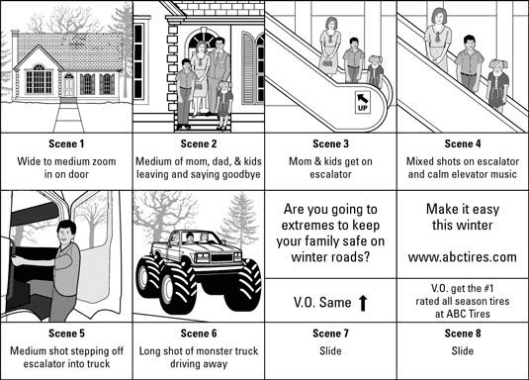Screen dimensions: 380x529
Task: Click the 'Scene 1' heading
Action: [66, 142]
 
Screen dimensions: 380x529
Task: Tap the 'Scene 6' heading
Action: [198, 331]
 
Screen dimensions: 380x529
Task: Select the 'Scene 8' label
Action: [462, 331]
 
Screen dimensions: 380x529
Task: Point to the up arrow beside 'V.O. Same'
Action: [363, 302]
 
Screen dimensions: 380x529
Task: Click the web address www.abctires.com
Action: [462, 260]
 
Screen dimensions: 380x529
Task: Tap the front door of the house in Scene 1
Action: [69, 86]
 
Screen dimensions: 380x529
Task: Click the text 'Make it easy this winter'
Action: [462, 221]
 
